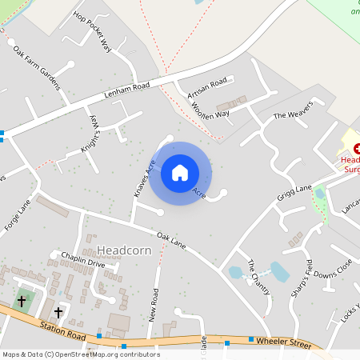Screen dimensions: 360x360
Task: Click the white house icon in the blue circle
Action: tap(180, 172)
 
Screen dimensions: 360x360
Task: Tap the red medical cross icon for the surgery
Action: tap(357, 148)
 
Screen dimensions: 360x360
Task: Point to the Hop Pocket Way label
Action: tap(91, 31)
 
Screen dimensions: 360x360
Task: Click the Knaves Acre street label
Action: tap(143, 178)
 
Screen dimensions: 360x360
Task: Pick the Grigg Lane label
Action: tap(294, 193)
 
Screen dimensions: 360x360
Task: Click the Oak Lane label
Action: tap(171, 239)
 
